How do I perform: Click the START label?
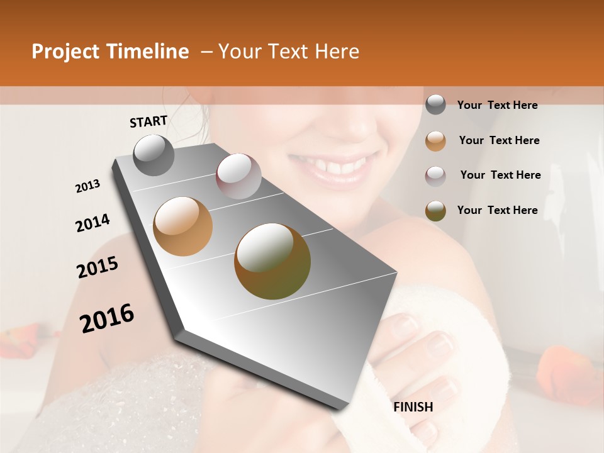148,121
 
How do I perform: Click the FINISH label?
413,407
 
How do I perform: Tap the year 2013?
88,186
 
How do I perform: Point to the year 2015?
98,267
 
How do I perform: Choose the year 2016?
107,318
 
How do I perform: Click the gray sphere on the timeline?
154,155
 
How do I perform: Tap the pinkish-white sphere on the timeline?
238,176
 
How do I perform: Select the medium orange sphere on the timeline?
183,226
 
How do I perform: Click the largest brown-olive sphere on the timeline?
272,261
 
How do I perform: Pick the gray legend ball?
435,105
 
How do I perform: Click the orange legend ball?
435,141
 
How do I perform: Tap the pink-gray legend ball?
435,176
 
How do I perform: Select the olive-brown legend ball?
435,211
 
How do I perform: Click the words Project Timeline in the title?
110,52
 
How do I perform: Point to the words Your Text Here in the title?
288,52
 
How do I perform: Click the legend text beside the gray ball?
498,105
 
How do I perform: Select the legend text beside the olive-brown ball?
498,210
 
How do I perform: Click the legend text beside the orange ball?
500,140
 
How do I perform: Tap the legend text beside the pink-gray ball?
501,175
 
